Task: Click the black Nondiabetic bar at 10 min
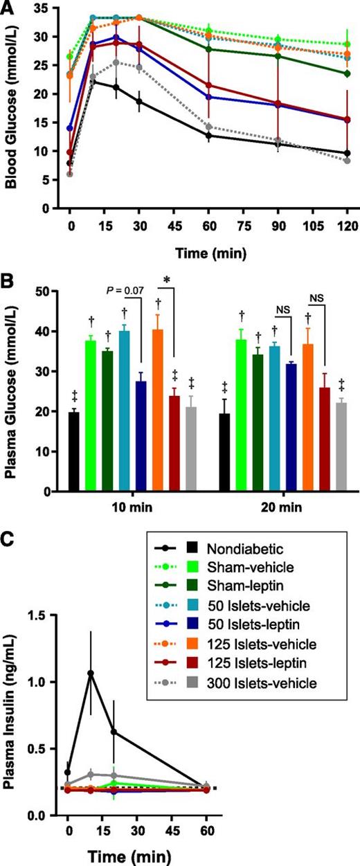pos(74,451)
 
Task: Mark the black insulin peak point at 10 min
pos(91,672)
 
